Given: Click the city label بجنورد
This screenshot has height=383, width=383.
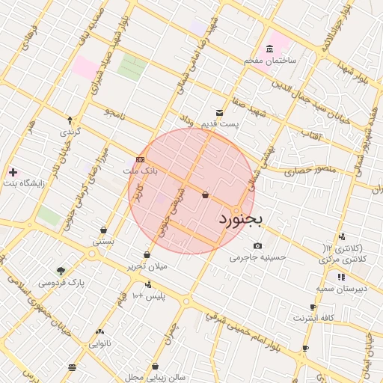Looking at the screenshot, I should pyautogui.click(x=242, y=220).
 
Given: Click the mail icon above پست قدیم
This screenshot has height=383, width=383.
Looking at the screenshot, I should pyautogui.click(x=219, y=112).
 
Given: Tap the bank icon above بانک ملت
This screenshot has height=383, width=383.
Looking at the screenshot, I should pyautogui.click(x=141, y=159).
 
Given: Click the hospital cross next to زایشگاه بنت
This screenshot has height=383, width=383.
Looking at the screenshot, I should pyautogui.click(x=12, y=172).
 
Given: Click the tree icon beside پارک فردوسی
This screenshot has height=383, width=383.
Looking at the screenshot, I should pyautogui.click(x=61, y=271).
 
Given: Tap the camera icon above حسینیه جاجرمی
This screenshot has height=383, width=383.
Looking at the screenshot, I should pyautogui.click(x=258, y=245).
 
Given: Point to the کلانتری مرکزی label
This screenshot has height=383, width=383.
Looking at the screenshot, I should pyautogui.click(x=344, y=258).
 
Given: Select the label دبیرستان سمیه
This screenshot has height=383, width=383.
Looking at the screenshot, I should pyautogui.click(x=341, y=288).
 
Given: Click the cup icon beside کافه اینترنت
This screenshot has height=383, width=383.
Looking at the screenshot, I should pyautogui.click(x=313, y=307).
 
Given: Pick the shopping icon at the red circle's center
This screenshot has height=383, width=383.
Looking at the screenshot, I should pyautogui.click(x=205, y=195).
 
